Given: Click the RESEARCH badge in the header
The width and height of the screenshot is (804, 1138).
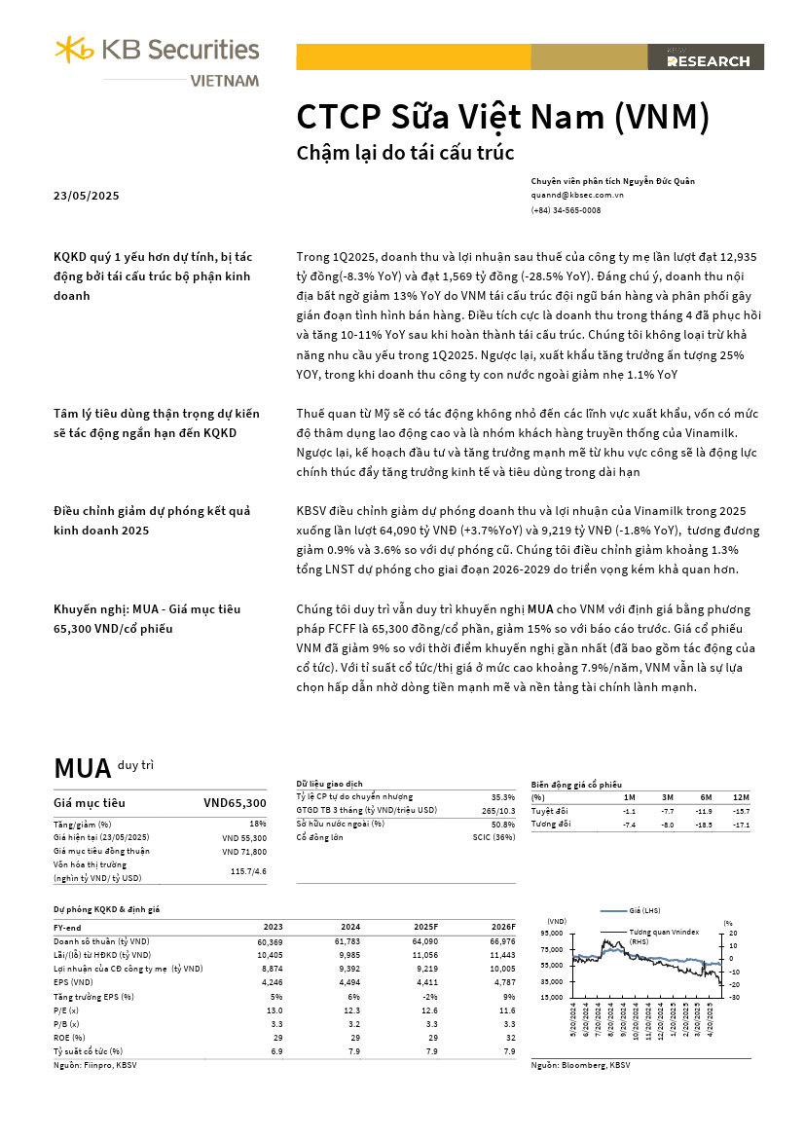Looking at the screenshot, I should pyautogui.click(x=707, y=60).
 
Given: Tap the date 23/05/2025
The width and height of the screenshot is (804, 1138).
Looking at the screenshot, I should pyautogui.click(x=86, y=196).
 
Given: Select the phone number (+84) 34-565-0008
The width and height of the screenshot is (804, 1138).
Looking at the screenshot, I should pyautogui.click(x=566, y=210).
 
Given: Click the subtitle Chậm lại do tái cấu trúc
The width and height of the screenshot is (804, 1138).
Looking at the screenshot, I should pyautogui.click(x=404, y=153).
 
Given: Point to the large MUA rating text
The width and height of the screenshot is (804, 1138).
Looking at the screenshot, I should pyautogui.click(x=83, y=768).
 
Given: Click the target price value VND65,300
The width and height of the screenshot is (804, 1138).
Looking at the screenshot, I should pyautogui.click(x=234, y=803).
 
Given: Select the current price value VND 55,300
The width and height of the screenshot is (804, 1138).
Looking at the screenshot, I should pyautogui.click(x=243, y=837).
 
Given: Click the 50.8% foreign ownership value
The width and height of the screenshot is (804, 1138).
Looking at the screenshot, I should pyautogui.click(x=503, y=824).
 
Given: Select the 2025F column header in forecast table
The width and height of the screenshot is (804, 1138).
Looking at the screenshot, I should pyautogui.click(x=425, y=928).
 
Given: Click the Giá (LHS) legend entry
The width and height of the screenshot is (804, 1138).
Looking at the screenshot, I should pyautogui.click(x=645, y=911).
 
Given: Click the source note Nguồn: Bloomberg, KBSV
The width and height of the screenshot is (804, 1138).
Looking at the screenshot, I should pyautogui.click(x=580, y=1066).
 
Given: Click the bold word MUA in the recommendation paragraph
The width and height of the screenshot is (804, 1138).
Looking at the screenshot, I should pyautogui.click(x=542, y=609).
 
